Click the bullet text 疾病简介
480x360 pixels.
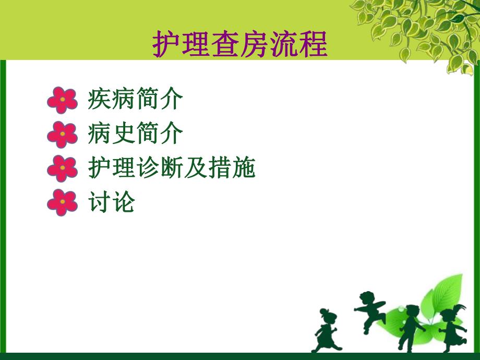(x=135, y=100)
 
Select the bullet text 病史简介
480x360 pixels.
(x=135, y=134)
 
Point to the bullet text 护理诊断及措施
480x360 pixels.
(x=172, y=169)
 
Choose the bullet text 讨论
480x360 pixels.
(x=112, y=202)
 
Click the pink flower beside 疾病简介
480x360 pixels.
(x=62, y=100)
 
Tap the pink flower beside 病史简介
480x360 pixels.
(x=62, y=134)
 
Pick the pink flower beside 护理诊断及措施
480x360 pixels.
(x=62, y=169)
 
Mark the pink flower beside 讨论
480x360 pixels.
(x=62, y=202)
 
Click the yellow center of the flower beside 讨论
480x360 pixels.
(x=62, y=202)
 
